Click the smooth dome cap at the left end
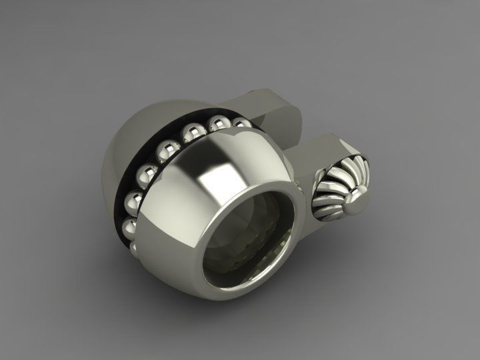tap(137, 153)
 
